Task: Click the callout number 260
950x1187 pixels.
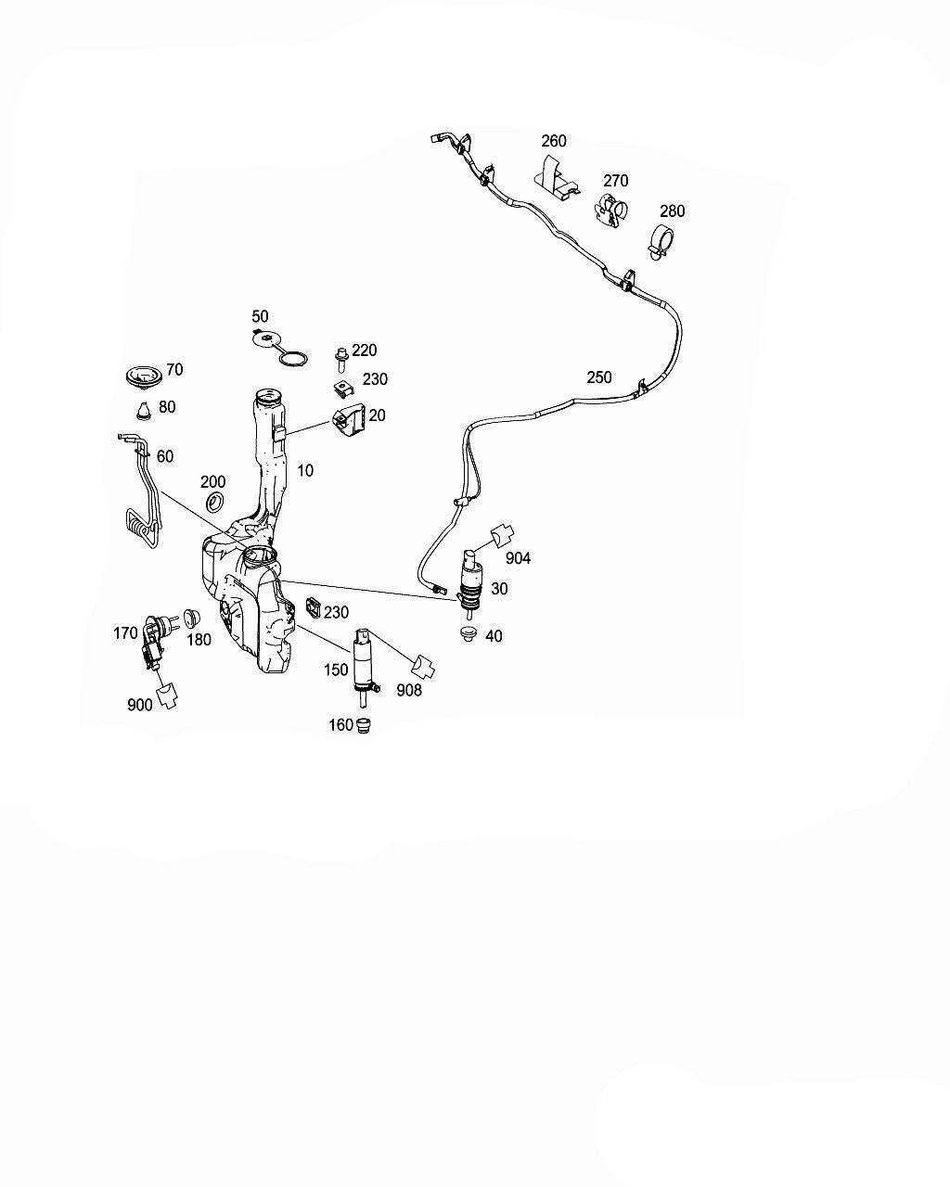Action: coord(554,141)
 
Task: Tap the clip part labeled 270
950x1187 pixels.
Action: coord(611,211)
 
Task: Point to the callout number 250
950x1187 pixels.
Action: coord(599,377)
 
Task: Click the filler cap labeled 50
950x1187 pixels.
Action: coord(279,348)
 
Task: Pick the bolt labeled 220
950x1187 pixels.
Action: coord(341,360)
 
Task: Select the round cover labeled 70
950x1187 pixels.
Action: coord(143,377)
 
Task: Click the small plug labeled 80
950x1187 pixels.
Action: coord(144,411)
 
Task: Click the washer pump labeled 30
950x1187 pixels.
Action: coord(469,584)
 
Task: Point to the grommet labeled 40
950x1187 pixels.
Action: coord(469,634)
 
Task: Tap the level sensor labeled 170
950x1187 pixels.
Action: coord(156,641)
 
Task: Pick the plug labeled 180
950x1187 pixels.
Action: coord(191,619)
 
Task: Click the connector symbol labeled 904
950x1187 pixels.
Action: coord(502,535)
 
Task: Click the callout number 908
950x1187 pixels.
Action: coord(408,690)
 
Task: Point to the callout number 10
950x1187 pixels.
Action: coord(305,470)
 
